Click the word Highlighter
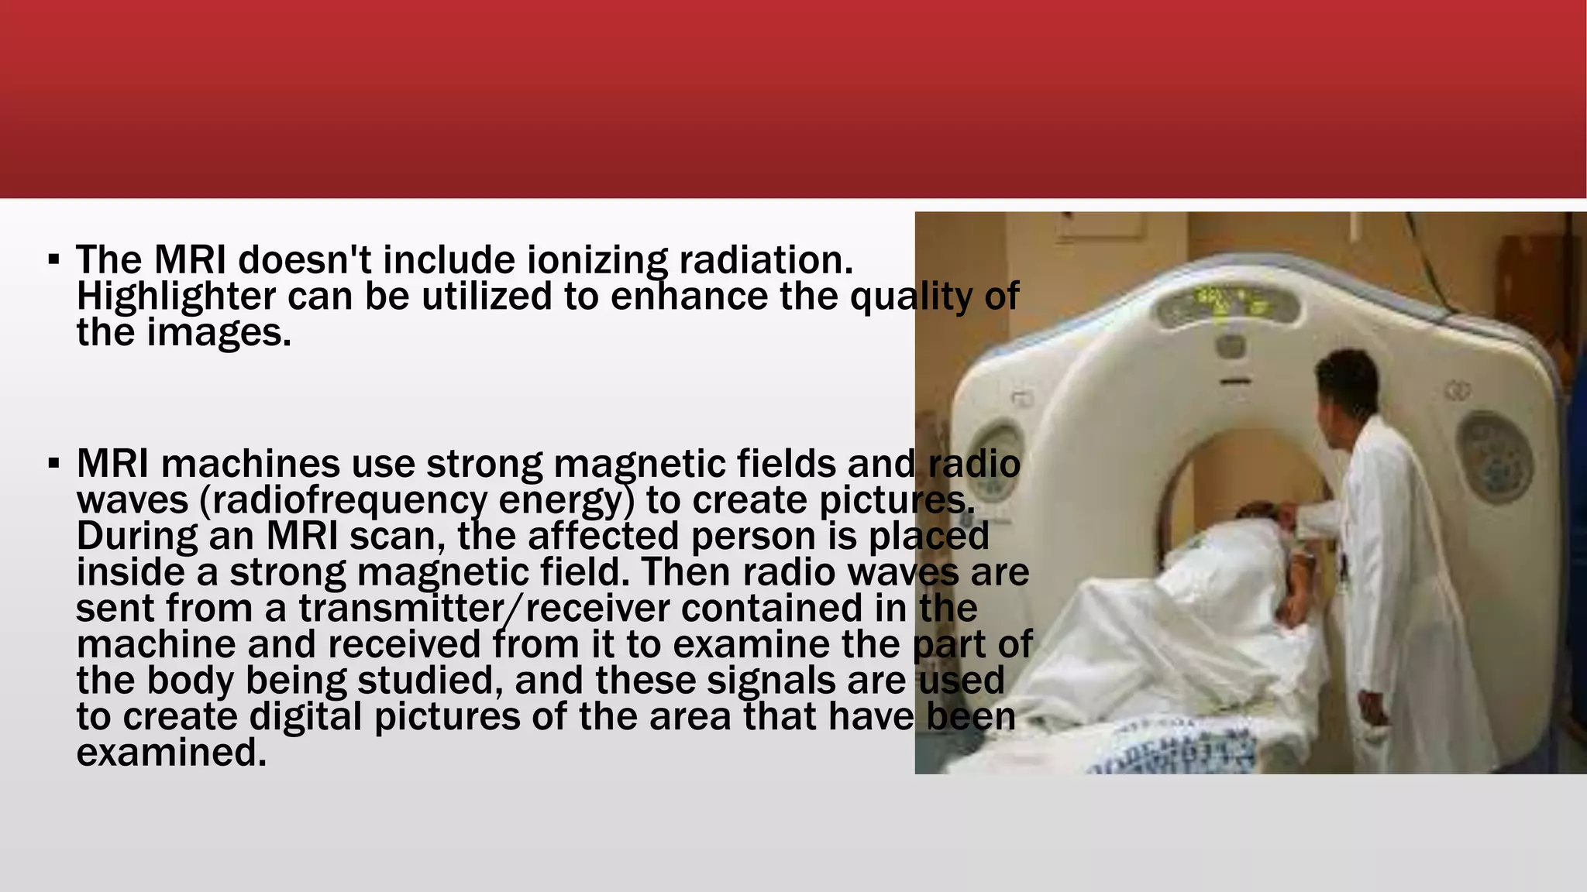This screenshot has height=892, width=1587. [x=176, y=297]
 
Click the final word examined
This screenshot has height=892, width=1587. [x=171, y=753]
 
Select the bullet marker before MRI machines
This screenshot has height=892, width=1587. [x=53, y=464]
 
